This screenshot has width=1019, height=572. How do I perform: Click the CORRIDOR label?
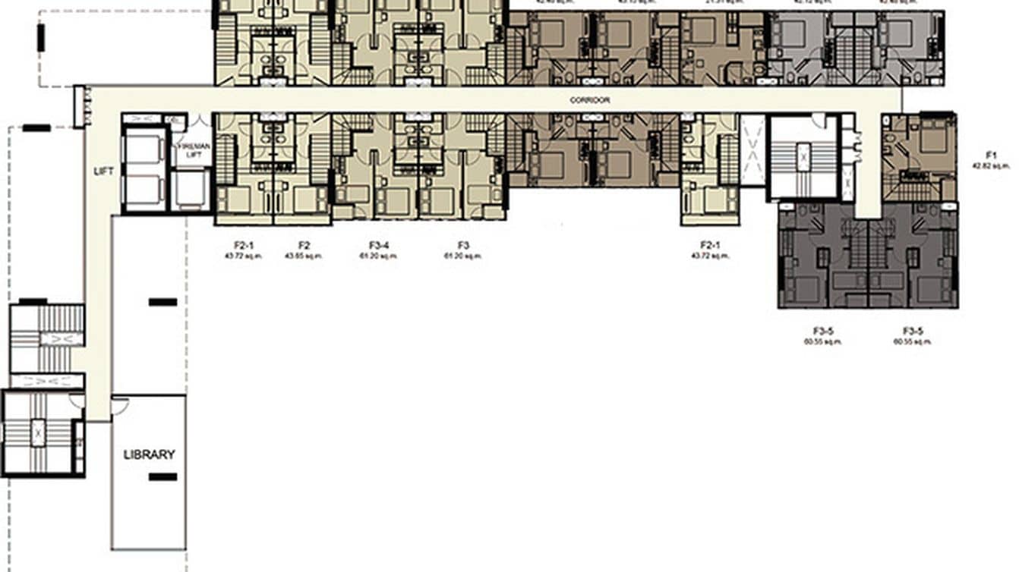coord(590,100)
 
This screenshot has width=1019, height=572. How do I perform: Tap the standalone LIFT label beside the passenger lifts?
coord(103,171)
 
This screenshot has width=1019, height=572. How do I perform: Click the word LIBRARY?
coord(149,454)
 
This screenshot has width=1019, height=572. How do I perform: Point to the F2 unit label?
coord(304,245)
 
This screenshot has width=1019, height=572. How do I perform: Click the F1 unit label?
coord(991,155)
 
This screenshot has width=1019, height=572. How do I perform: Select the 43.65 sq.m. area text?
coord(304,256)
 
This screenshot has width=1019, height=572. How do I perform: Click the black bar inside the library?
coord(162,477)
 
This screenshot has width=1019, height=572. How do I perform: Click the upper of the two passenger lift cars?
coord(144,150)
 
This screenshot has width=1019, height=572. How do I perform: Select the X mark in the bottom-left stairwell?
coord(37,432)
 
